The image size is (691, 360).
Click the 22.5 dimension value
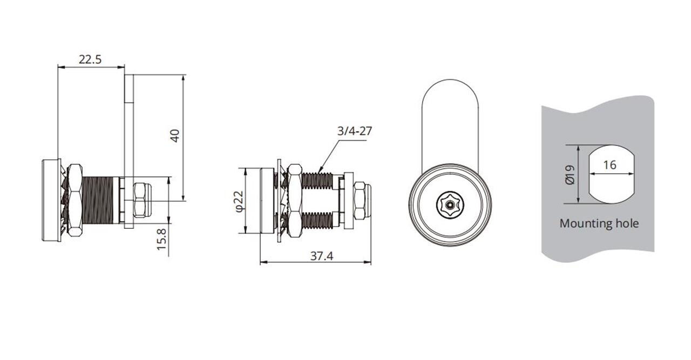point(90,59)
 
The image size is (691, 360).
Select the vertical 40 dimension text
point(174,135)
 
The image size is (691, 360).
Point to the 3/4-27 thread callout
point(355,131)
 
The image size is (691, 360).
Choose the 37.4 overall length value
point(321,256)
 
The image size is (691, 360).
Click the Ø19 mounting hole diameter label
point(570,174)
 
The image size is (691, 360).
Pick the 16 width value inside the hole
point(609,165)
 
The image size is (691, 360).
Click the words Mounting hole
point(599,223)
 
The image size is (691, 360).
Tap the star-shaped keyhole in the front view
point(450,205)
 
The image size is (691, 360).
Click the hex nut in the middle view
point(294,200)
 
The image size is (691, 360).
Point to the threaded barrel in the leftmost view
point(100,200)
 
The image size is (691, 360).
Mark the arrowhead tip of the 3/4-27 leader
point(319,172)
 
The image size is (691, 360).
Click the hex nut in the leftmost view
point(75,200)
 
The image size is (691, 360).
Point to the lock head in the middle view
point(267,201)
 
